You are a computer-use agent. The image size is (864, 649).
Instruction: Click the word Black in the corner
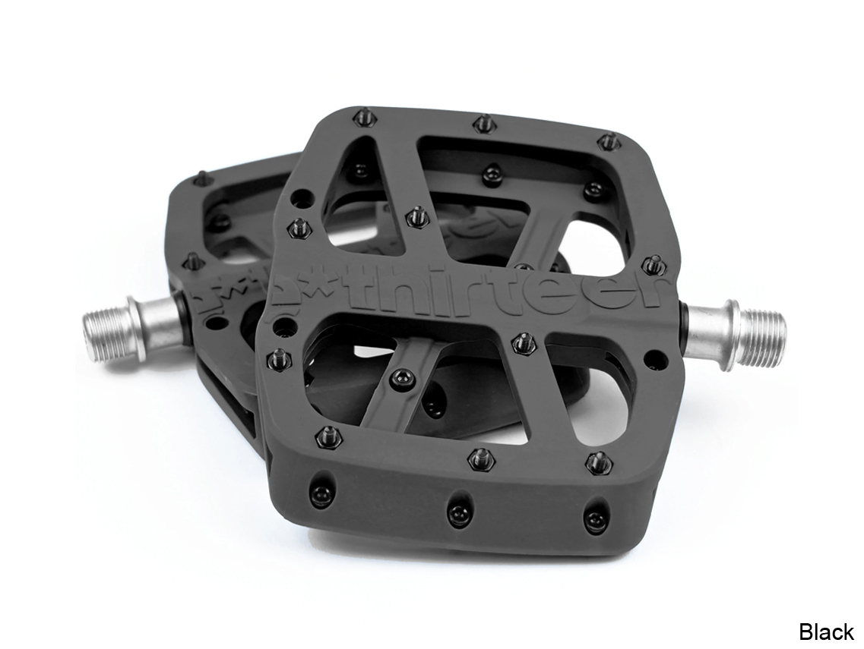tap(826, 631)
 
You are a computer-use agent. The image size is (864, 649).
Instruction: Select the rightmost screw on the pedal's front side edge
tap(593, 519)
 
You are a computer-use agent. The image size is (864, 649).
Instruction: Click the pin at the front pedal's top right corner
tap(606, 140)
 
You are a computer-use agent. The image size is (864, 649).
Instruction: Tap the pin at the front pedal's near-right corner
tap(597, 461)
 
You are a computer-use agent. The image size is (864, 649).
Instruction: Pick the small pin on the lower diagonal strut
tap(398, 373)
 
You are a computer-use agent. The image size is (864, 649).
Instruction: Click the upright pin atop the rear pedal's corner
tap(198, 177)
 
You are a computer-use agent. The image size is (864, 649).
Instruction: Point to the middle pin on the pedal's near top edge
tap(479, 458)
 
